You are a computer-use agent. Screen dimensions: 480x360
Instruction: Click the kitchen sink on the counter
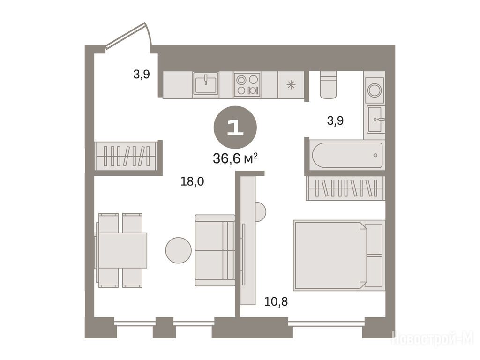point(206,85)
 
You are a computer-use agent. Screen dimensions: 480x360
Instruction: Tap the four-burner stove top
point(247,85)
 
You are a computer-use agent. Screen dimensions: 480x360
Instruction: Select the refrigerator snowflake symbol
point(291,85)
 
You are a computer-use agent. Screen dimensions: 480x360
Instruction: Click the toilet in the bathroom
point(328,84)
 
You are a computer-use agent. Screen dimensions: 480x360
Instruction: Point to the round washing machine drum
point(375,90)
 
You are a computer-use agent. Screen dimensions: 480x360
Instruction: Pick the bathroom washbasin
point(375,120)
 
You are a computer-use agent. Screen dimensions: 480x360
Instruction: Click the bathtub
point(347,155)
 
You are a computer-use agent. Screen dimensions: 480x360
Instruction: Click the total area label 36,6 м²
point(235,158)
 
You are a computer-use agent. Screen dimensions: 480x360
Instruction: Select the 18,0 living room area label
point(192,181)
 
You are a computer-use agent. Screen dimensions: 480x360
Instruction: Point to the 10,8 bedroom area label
point(276,302)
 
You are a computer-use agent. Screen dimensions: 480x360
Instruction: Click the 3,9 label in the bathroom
point(335,120)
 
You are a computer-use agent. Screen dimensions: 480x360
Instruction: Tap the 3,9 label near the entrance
point(142,74)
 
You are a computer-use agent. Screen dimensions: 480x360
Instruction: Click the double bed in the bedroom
point(339,255)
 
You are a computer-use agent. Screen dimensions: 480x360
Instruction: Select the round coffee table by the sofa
point(179,250)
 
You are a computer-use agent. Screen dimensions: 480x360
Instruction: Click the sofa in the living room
point(215,250)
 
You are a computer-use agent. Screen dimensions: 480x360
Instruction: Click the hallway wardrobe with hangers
point(127,156)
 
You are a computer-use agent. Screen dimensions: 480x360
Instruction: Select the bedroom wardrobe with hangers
point(345,188)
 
